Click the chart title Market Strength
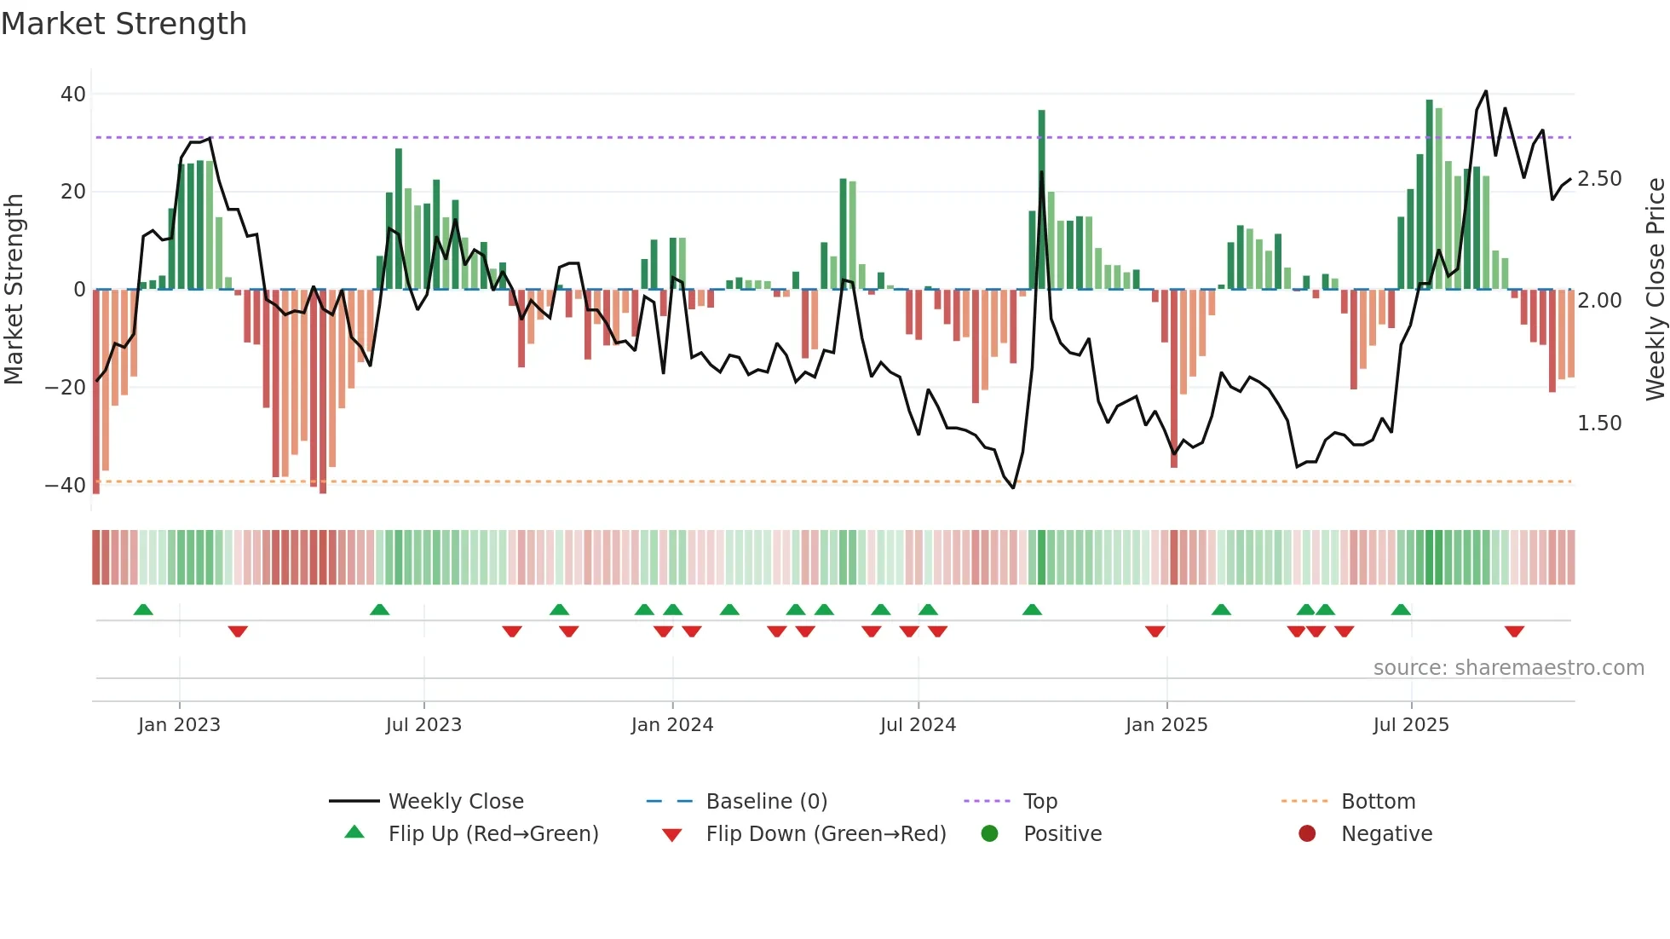pos(124,24)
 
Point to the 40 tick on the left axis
pos(73,95)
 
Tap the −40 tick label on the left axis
pos(66,486)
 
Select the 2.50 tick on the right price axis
pos(1599,179)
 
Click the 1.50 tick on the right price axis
pos(1599,423)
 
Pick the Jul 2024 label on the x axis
pos(918,725)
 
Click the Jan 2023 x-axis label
pos(179,725)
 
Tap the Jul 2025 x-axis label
pos(1411,725)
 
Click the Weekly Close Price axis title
pos(1655,290)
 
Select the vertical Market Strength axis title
pos(14,290)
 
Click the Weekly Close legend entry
pos(456,802)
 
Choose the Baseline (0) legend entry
pos(766,802)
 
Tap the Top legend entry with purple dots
pos(1039,802)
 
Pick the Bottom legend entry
pos(1378,802)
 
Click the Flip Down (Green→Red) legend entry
pos(826,834)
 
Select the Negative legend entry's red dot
pos(1307,833)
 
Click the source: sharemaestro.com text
pos(1508,668)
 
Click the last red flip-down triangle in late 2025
pos(1514,631)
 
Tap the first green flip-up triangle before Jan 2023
pos(143,609)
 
